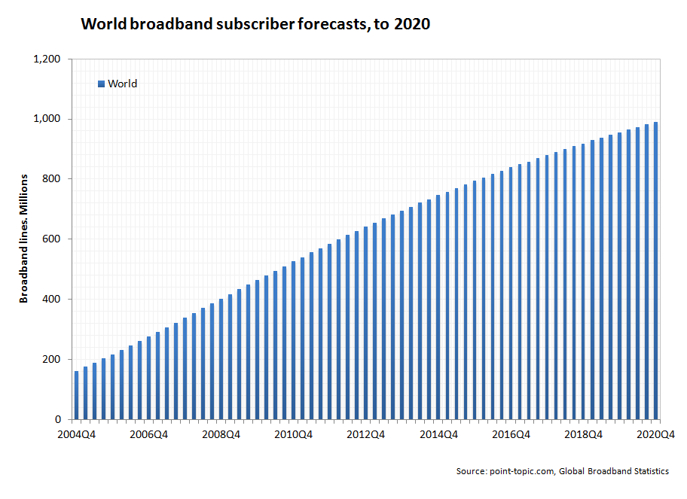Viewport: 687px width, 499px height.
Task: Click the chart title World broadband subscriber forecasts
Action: coord(255,24)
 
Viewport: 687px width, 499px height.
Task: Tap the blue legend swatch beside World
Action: coord(101,84)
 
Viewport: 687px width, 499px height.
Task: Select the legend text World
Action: coord(122,84)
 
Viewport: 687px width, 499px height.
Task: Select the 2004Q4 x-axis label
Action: coord(76,434)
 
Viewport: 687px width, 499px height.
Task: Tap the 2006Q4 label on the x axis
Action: coord(149,434)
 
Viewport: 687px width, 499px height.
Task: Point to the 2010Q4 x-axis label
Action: coord(295,434)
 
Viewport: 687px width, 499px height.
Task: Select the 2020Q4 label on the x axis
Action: coord(655,434)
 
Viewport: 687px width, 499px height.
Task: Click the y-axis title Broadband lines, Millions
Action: coord(23,239)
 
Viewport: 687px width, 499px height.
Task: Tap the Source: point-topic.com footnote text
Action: coord(562,471)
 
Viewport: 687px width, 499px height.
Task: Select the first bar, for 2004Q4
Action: coord(76,395)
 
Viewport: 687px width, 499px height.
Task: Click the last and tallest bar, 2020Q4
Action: coord(656,271)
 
